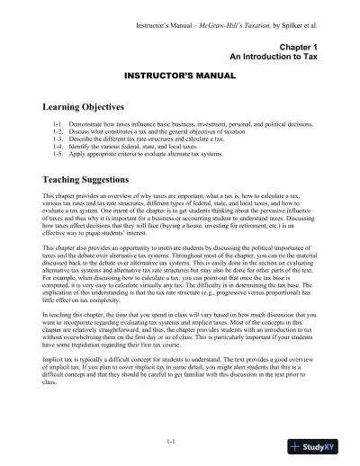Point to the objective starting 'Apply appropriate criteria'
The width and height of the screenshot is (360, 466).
pyautogui.click(x=135, y=154)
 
